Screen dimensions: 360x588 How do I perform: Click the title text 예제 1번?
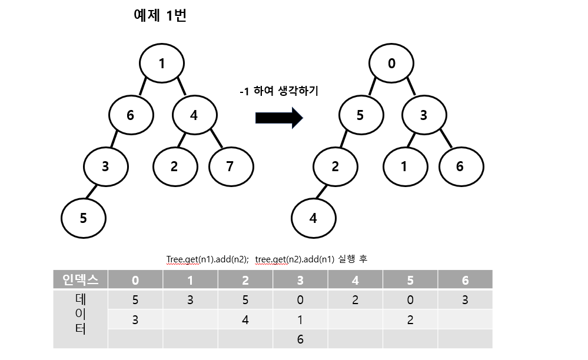click(x=160, y=16)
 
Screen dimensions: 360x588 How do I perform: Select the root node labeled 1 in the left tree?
click(x=162, y=64)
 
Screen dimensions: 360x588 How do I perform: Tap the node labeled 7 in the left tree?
click(x=230, y=166)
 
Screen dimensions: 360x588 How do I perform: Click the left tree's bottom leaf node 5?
click(x=84, y=218)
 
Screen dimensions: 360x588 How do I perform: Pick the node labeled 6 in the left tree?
click(x=131, y=115)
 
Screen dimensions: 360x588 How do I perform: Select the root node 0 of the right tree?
click(x=392, y=64)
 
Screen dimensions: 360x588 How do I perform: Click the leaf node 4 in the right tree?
click(x=314, y=218)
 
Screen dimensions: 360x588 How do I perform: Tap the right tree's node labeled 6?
click(x=460, y=166)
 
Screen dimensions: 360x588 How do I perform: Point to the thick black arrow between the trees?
click(x=279, y=118)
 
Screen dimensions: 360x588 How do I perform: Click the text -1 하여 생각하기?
click(x=278, y=92)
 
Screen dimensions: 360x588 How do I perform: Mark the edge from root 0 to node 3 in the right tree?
click(x=411, y=88)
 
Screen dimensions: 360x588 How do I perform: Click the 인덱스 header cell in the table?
click(x=81, y=280)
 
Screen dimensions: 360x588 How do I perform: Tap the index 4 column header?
click(x=355, y=280)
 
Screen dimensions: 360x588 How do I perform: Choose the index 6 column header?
click(x=465, y=280)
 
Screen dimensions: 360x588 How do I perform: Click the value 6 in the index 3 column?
click(x=300, y=339)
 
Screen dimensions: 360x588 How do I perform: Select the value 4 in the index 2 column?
click(x=245, y=319)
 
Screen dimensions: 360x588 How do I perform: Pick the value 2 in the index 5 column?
click(x=410, y=319)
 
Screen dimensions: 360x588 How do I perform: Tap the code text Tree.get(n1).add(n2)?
click(x=208, y=259)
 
